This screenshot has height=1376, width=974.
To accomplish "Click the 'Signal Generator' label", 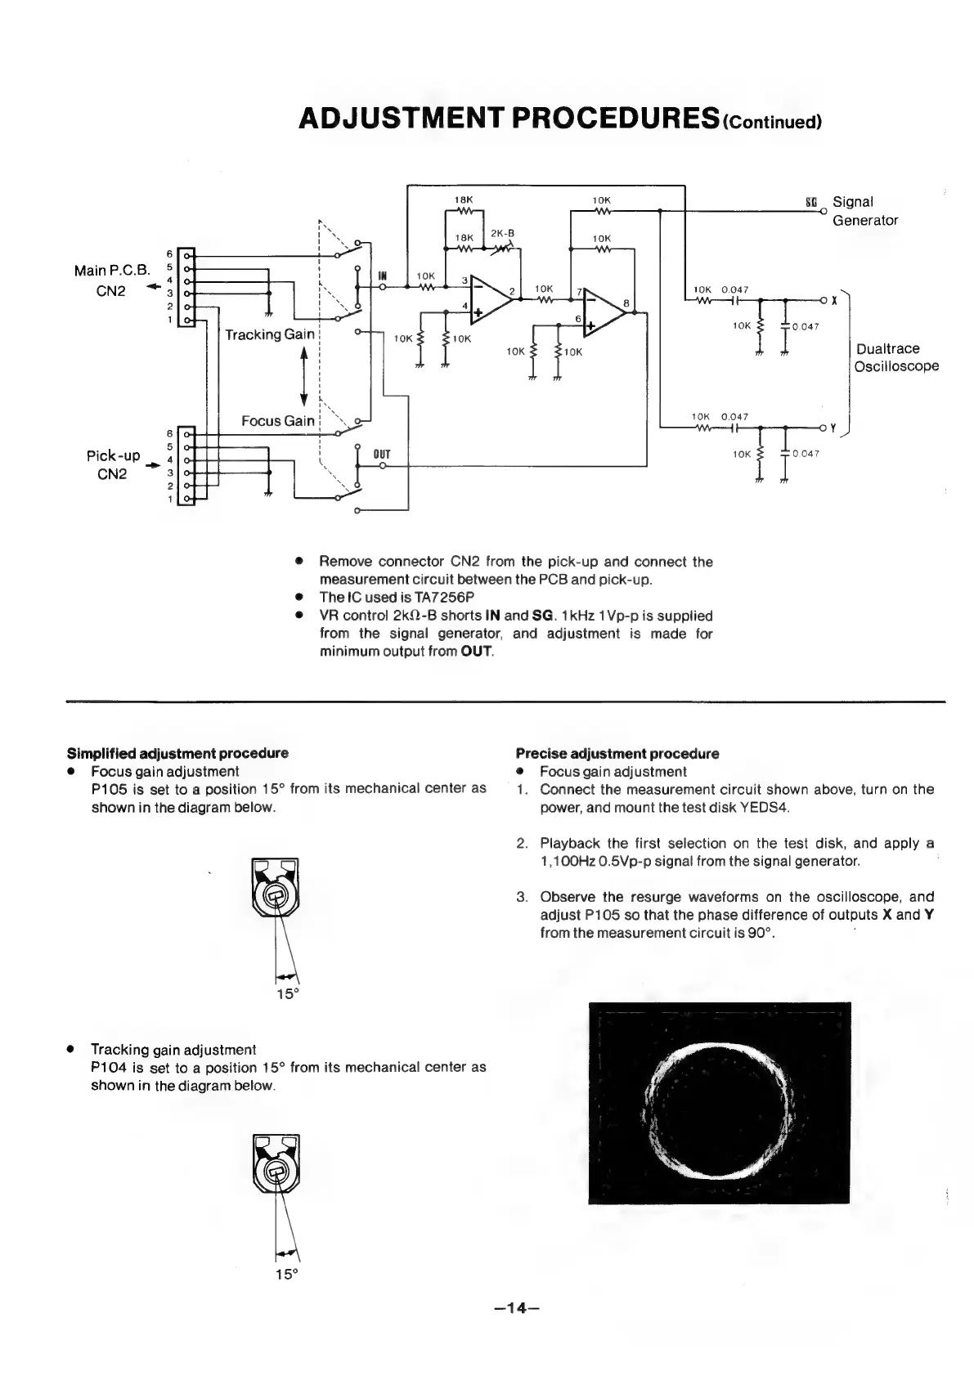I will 864,211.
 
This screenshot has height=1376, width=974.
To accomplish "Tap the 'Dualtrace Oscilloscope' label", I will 895,357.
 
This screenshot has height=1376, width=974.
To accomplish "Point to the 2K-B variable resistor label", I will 502,233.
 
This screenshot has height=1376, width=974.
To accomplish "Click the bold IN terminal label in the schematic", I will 383,276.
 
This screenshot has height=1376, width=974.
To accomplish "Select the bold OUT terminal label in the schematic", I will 382,454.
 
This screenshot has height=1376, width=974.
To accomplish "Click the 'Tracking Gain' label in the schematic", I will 269,334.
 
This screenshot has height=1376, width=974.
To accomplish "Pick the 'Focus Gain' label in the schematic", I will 277,420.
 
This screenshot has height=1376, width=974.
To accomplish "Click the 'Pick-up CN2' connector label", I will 113,464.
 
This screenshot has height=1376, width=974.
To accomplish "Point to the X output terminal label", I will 833,300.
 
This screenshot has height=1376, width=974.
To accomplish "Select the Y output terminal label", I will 833,427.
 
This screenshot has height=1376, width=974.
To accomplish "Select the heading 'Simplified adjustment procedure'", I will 177,752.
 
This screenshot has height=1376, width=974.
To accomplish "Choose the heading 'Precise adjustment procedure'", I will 617,753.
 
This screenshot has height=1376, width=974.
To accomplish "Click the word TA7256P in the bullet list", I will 438,598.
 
